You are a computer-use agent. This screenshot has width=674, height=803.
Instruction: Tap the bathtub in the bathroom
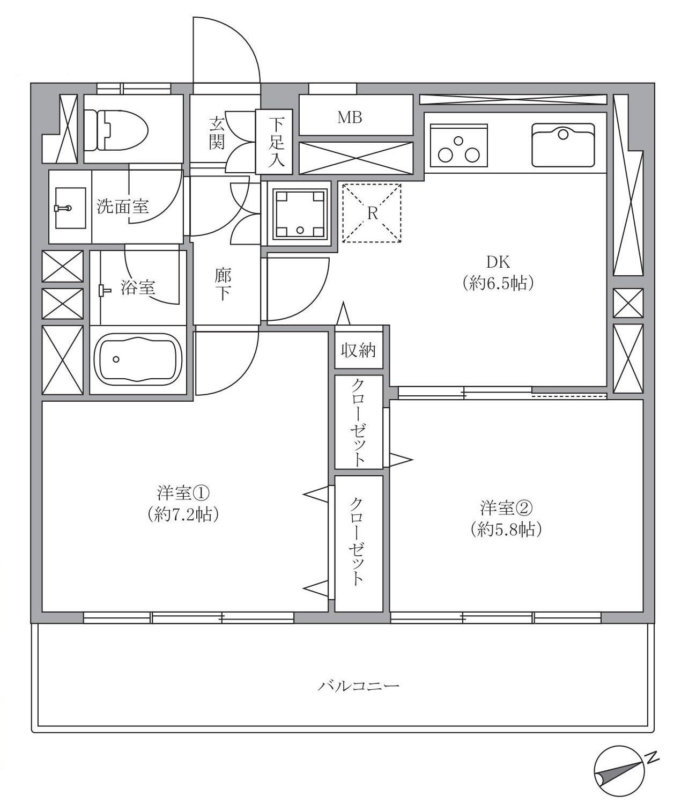pyautogui.click(x=138, y=359)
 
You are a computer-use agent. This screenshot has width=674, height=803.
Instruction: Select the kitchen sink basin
pyautogui.click(x=562, y=145)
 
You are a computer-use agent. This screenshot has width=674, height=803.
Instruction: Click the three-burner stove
pyautogui.click(x=458, y=145)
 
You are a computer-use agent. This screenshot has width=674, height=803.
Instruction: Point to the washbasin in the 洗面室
pyautogui.click(x=69, y=208)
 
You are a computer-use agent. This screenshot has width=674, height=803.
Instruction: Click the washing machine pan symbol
pyautogui.click(x=300, y=213)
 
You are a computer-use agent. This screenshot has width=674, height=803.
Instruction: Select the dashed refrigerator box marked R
pyautogui.click(x=372, y=213)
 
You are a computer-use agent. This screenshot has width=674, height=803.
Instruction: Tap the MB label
pyautogui.click(x=350, y=117)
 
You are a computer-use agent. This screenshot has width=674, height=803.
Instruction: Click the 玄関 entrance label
pyautogui.click(x=217, y=133)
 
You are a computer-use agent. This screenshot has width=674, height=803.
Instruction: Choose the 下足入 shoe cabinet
pyautogui.click(x=275, y=142)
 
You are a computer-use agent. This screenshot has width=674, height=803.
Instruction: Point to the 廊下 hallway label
pyautogui.click(x=223, y=284)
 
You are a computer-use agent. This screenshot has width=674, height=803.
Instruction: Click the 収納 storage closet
pyautogui.click(x=359, y=351)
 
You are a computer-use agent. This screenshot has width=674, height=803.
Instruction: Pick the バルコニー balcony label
pyautogui.click(x=358, y=685)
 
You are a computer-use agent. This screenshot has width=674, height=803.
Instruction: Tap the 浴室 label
pyautogui.click(x=138, y=288)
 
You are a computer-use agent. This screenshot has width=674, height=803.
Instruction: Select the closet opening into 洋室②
pyautogui.click(x=359, y=422)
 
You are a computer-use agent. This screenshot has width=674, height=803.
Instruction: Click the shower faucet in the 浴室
pyautogui.click(x=104, y=291)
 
